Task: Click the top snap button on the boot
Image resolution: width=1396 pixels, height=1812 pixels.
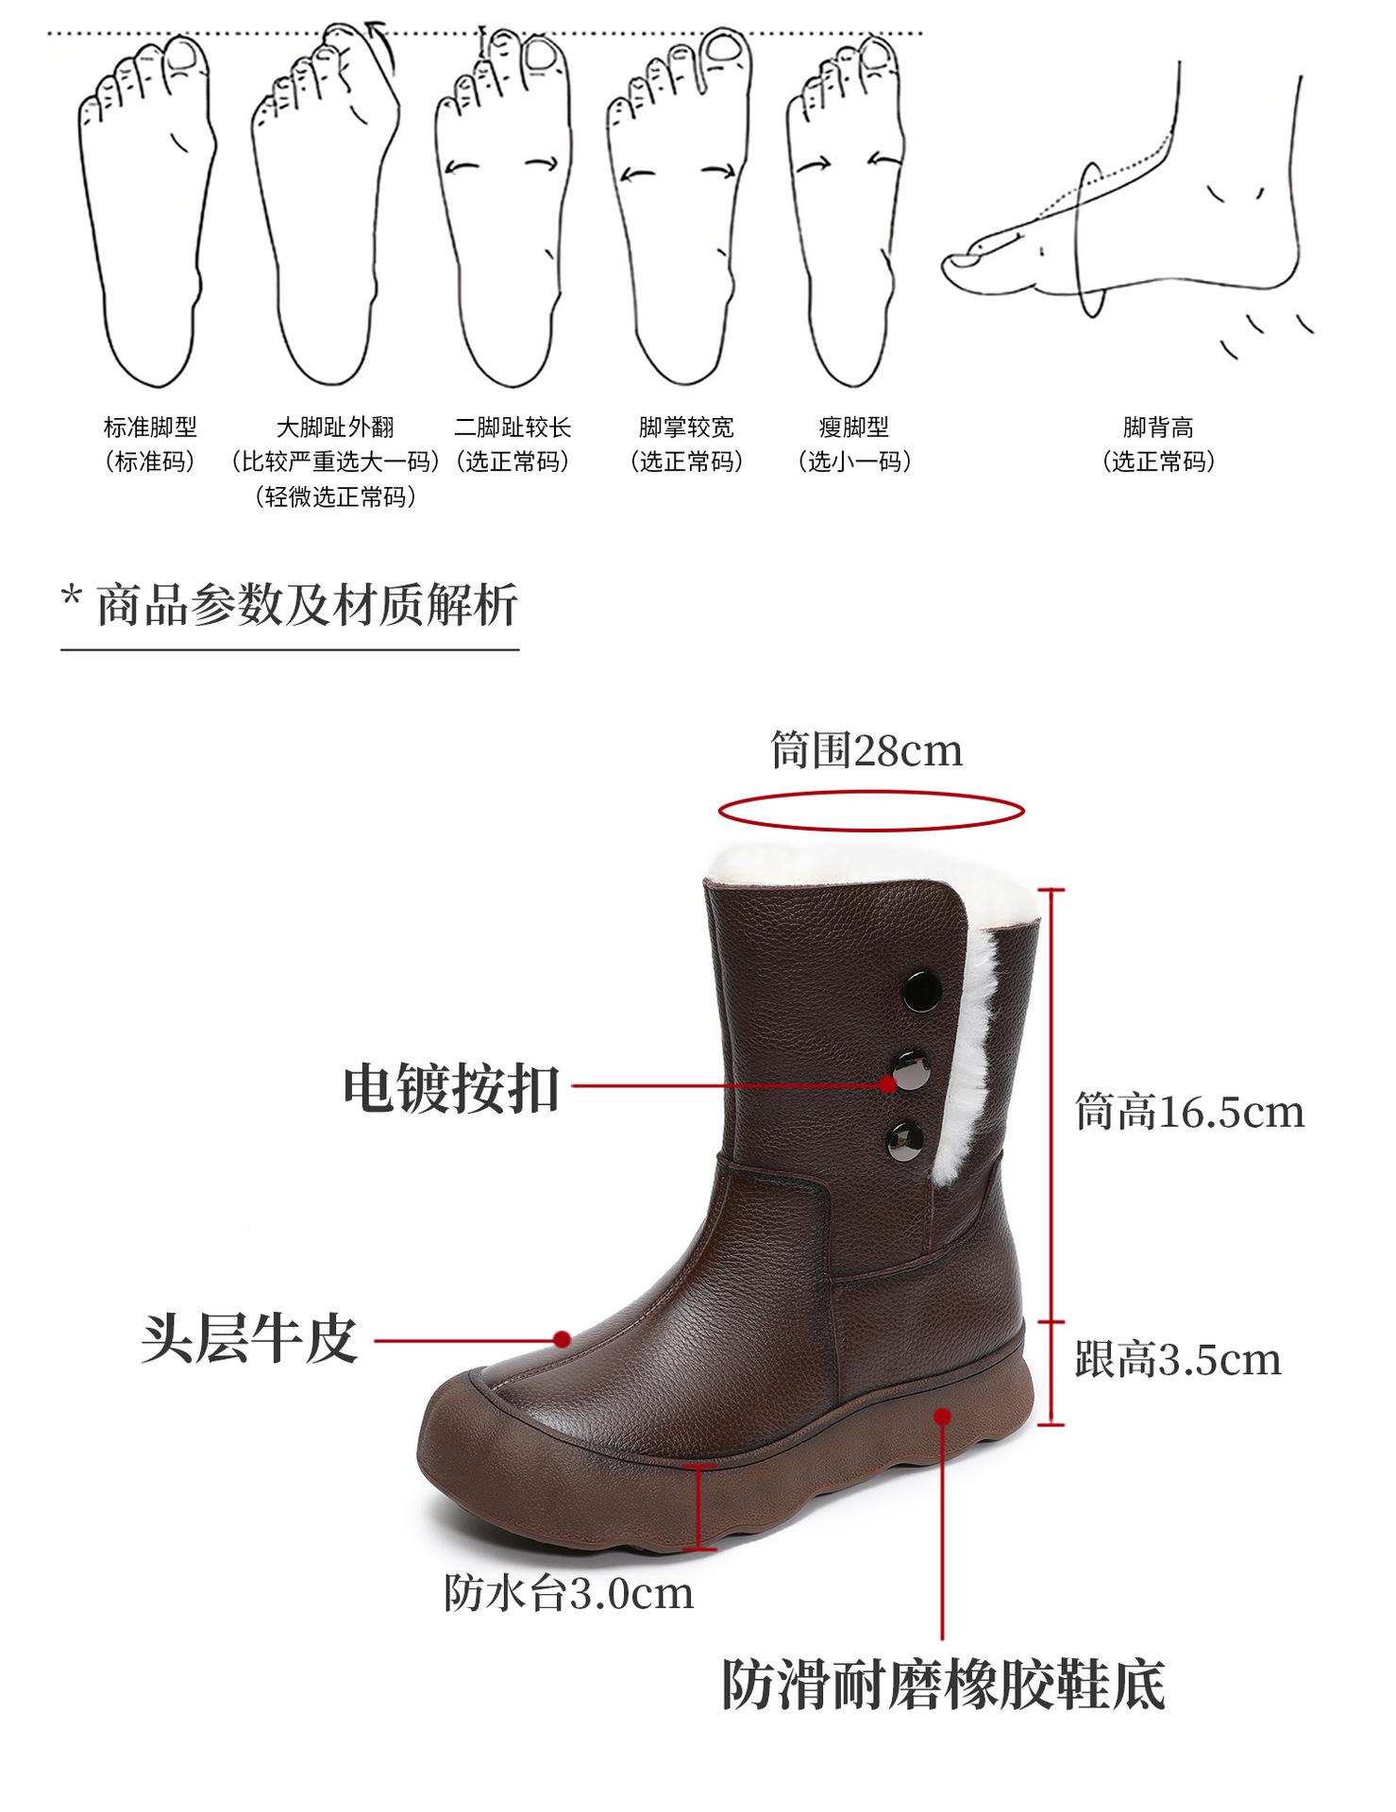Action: [x=921, y=990]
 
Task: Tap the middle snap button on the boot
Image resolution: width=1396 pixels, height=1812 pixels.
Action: [x=911, y=1071]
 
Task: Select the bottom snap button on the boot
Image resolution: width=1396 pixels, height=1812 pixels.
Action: [x=905, y=1140]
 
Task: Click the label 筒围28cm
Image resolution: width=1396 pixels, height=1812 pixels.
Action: [x=866, y=751]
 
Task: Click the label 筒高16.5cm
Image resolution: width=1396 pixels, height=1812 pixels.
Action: [x=1189, y=1112]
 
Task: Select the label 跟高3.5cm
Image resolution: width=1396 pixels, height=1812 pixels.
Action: [x=1178, y=1360]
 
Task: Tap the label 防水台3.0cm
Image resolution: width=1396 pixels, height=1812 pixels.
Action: [x=569, y=1594]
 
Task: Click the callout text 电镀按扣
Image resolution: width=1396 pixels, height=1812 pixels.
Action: [x=451, y=1088]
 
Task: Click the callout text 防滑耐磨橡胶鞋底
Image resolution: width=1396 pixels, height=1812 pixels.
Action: [x=943, y=1685]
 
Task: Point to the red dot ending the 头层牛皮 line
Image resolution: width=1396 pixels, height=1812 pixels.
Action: [x=562, y=1339]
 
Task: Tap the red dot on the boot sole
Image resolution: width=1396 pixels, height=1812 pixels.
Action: [x=943, y=1417]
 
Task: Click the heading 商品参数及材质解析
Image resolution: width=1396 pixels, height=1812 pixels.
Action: [x=306, y=605]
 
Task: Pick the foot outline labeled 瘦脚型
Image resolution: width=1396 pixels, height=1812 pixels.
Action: [x=847, y=212]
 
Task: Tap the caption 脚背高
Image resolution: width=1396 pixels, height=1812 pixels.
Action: [x=1158, y=428]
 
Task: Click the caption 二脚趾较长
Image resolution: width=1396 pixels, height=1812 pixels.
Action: [x=513, y=428]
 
